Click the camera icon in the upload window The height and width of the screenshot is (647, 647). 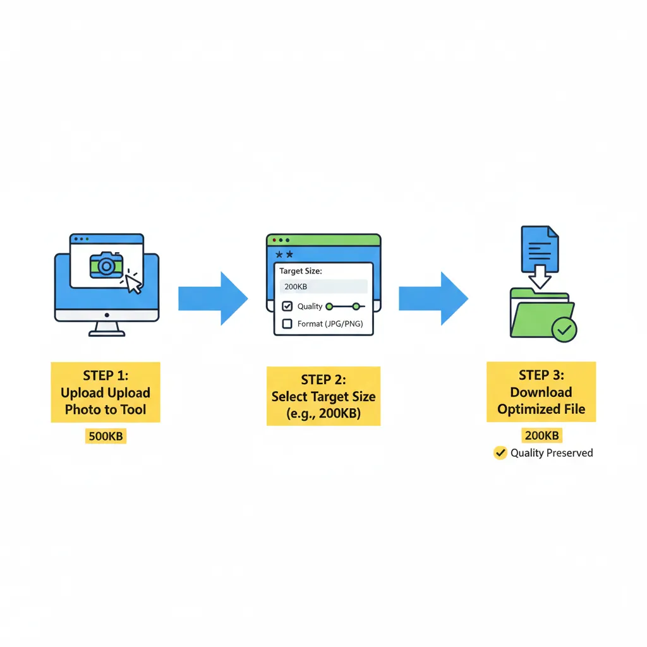[106, 265]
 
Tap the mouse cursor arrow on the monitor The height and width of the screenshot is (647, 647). [133, 282]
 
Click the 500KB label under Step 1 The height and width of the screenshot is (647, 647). [105, 436]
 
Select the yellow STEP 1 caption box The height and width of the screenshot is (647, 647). [106, 392]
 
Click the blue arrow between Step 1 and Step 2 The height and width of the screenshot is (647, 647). [212, 298]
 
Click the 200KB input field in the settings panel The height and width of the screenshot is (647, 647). [323, 286]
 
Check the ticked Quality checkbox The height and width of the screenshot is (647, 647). [287, 306]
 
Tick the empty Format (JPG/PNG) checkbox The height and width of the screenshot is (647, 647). [287, 324]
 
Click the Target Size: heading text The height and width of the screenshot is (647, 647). [301, 270]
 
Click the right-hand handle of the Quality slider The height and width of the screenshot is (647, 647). [356, 306]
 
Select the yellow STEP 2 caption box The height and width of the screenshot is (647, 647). [323, 396]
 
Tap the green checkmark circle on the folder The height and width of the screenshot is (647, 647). [564, 330]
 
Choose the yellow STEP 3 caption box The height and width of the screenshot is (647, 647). [541, 392]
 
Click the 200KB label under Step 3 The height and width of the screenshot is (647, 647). [541, 435]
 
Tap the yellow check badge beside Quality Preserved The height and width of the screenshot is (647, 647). [500, 452]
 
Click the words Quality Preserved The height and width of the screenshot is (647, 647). [552, 452]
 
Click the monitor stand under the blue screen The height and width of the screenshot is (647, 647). [107, 329]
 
